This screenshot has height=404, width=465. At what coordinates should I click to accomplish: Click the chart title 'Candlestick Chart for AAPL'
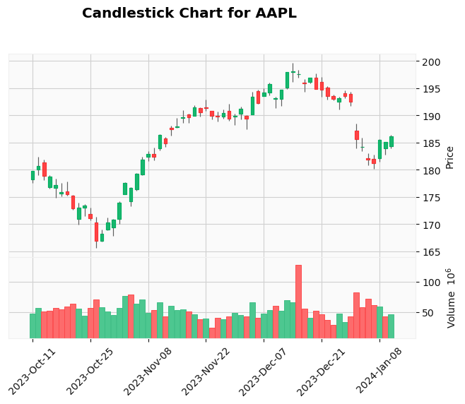[189, 13]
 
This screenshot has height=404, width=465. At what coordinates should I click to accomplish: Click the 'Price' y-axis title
[449, 157]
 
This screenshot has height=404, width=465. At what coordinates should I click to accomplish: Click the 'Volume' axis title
[451, 298]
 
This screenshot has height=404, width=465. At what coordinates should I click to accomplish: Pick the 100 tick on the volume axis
[433, 283]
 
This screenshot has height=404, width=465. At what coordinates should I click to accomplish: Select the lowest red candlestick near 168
[96, 232]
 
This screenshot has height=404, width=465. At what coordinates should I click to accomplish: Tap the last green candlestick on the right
[391, 141]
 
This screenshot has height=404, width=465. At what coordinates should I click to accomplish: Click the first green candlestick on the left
[33, 175]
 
